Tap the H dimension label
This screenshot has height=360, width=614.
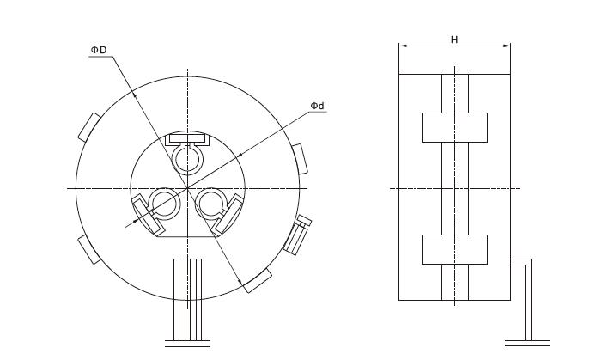[x=453, y=40]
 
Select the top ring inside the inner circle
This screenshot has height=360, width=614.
[x=186, y=157]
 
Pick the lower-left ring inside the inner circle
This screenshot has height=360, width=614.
[x=161, y=204]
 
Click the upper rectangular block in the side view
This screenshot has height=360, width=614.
[x=454, y=127]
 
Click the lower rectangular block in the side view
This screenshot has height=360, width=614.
[x=454, y=249]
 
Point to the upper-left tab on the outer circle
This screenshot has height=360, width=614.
[x=89, y=125]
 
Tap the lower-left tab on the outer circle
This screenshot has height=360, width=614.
[x=88, y=249]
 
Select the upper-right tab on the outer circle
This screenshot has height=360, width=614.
[x=298, y=158]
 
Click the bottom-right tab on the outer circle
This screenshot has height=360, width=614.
[x=258, y=280]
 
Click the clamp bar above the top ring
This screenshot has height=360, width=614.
[x=187, y=138]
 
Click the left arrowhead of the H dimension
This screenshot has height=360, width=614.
[x=403, y=46]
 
